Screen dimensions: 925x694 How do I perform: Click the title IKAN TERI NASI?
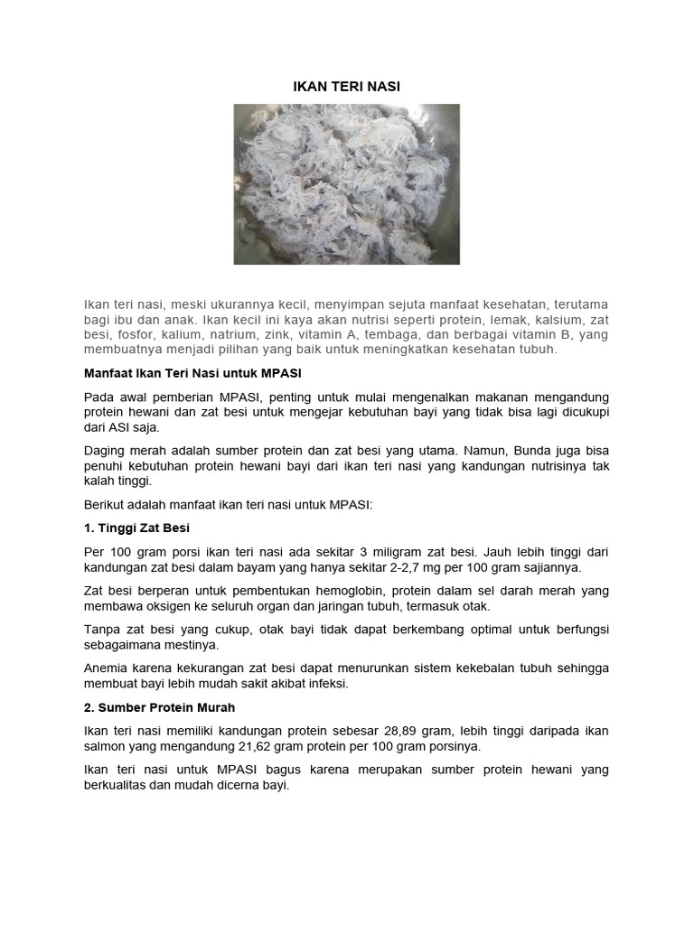347,87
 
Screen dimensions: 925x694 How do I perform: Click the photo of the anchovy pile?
347,184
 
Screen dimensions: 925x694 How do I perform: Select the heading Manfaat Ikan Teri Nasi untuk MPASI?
192,373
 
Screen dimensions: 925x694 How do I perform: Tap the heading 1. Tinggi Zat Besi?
136,528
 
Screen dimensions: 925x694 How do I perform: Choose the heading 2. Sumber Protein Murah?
159,706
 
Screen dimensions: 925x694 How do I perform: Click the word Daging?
105,449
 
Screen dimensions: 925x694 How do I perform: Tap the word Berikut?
107,504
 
